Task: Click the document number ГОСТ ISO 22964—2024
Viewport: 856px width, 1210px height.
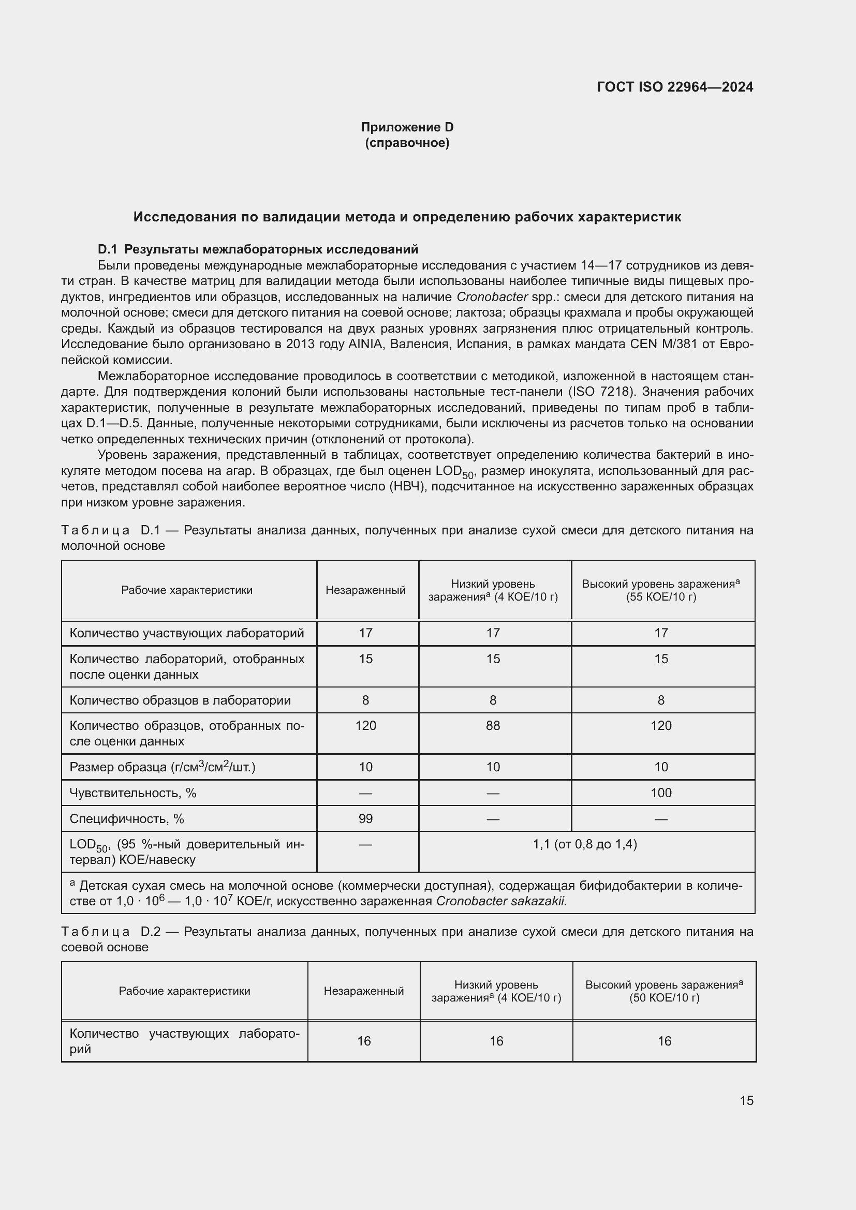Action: pos(675,87)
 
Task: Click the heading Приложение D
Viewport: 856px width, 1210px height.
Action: pos(407,127)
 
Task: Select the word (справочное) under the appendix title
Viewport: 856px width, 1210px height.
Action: pos(407,143)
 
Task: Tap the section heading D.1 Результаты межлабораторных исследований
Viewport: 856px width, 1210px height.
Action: pos(258,249)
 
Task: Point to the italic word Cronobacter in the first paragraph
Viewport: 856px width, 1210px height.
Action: pos(493,297)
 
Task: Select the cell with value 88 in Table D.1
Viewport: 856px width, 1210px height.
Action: pos(493,726)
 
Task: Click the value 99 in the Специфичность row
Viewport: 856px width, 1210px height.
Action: pos(365,818)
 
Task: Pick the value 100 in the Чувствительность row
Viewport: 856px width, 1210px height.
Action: pos(661,793)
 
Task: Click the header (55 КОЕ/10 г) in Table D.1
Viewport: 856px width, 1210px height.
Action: pos(661,597)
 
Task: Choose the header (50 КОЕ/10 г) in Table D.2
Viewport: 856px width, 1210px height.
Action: pos(663,997)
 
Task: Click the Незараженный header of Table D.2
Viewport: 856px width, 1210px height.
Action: pos(364,991)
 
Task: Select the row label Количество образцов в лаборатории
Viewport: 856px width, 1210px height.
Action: pos(180,700)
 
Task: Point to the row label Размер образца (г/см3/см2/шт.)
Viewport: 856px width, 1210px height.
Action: pos(163,767)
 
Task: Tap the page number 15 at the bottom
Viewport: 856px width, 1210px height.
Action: pos(746,1100)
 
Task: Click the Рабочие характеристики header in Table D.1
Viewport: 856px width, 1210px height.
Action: pos(187,590)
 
